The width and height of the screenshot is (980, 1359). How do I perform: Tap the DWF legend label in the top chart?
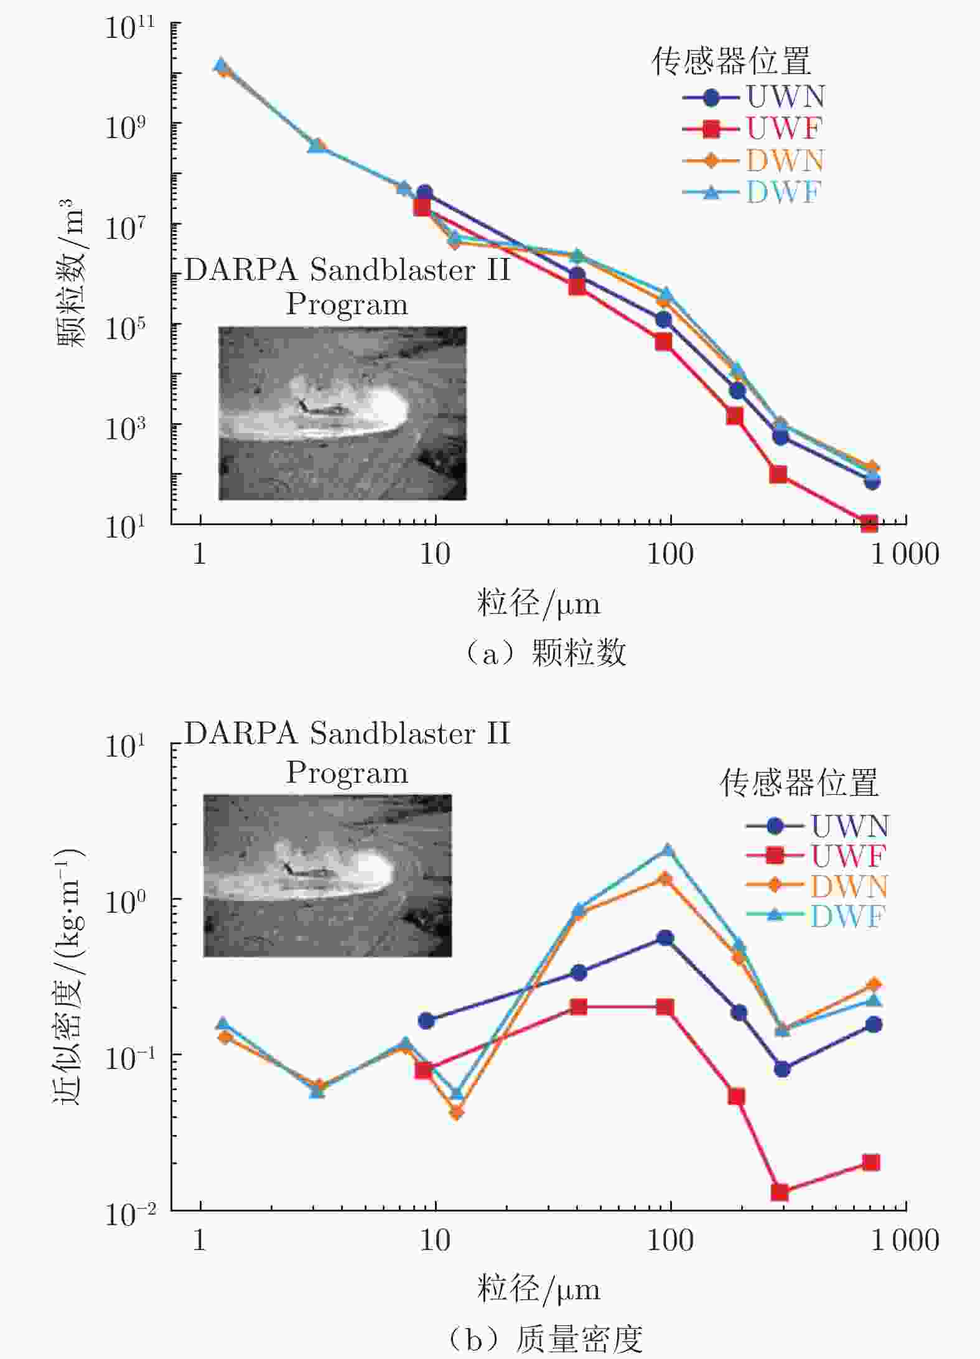click(x=784, y=192)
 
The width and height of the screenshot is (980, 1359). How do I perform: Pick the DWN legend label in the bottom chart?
click(x=849, y=886)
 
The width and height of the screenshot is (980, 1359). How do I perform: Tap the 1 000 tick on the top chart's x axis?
click(x=904, y=554)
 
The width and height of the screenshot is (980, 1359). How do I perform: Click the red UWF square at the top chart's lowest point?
click(x=869, y=523)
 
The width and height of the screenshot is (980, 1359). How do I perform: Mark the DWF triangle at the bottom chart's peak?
click(x=667, y=850)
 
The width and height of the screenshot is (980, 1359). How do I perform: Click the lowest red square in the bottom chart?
click(x=780, y=1192)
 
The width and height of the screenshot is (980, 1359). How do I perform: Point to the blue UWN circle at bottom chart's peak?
click(x=665, y=938)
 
